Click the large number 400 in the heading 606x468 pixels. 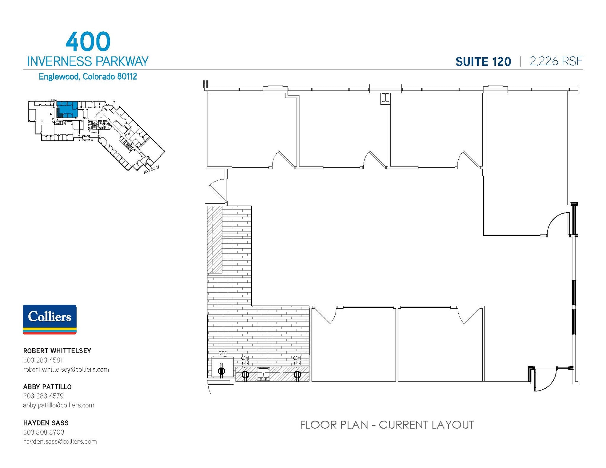(x=88, y=42)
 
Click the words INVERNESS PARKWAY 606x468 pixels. (x=88, y=61)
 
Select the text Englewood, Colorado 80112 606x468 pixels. (x=88, y=77)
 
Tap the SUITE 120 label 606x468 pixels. (x=483, y=62)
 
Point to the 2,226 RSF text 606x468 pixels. (x=556, y=61)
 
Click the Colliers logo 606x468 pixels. (x=50, y=319)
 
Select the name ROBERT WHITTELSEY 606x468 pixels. (x=57, y=351)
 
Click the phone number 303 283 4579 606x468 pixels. (x=43, y=396)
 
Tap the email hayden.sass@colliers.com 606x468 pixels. (x=60, y=441)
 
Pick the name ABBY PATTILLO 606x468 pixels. (x=47, y=387)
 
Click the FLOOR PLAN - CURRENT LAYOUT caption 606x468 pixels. (x=386, y=425)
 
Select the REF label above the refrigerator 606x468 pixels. (x=223, y=353)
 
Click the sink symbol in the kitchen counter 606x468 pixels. (x=263, y=374)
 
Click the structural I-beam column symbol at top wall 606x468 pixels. (x=385, y=98)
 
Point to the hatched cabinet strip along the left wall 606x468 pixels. (x=215, y=239)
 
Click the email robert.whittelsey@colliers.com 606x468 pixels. (x=66, y=369)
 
